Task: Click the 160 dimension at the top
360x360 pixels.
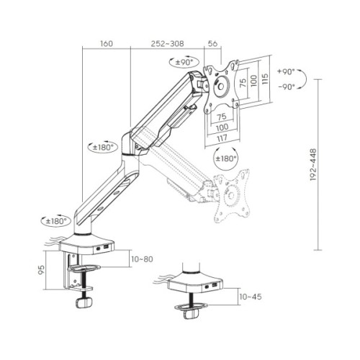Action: tap(105, 44)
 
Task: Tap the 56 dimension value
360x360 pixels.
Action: tap(212, 44)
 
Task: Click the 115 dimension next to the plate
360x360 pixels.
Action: tap(265, 77)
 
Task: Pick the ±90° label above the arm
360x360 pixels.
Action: tap(186, 63)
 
